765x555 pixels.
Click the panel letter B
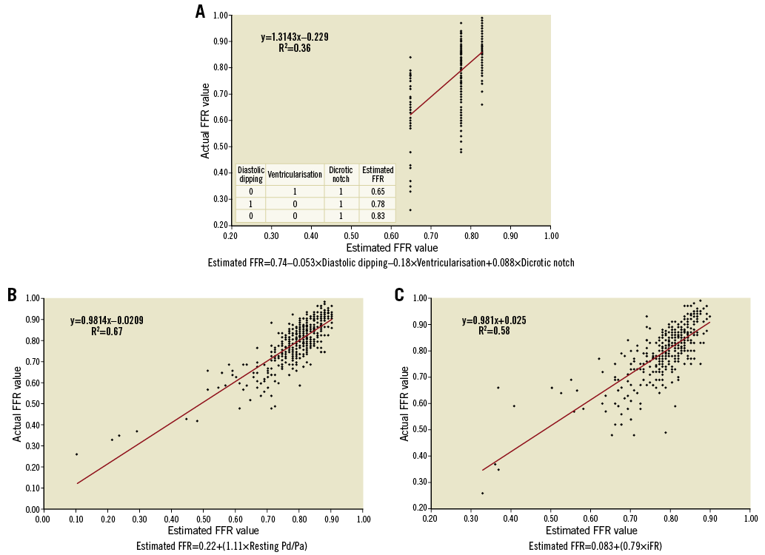(13, 295)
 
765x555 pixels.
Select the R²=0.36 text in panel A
(294, 48)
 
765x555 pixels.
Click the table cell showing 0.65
(377, 192)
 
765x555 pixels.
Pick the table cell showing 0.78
(377, 203)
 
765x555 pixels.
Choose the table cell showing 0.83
(377, 215)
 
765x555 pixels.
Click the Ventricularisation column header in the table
(295, 175)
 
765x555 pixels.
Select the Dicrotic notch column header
(341, 175)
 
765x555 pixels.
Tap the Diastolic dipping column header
(251, 175)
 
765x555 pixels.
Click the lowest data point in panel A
(410, 209)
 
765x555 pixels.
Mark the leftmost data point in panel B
(76, 454)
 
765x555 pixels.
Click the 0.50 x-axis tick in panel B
(204, 520)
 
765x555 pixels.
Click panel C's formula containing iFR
(591, 546)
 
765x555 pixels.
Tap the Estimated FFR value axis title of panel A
(392, 248)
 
